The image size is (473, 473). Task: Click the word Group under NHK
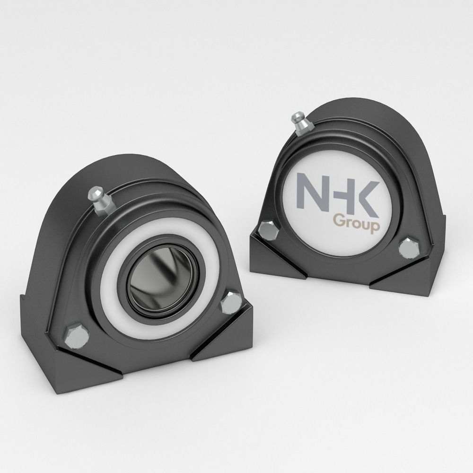click(355, 223)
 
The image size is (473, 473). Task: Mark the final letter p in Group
click(374, 228)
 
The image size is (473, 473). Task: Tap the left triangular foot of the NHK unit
click(272, 265)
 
